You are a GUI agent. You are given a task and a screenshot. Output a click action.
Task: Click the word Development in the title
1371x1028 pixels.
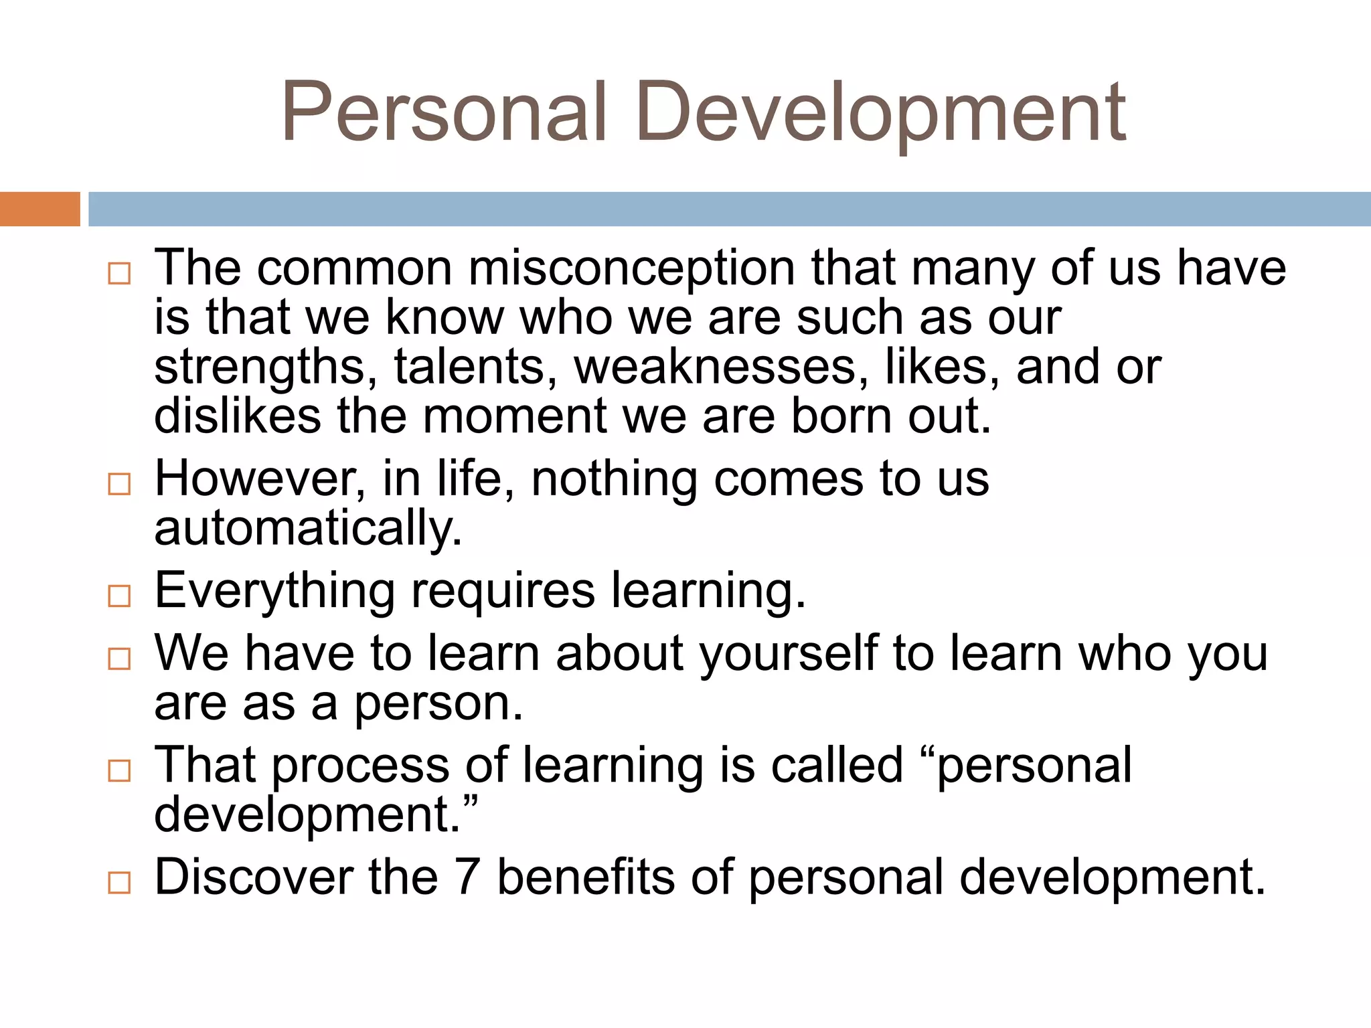pyautogui.click(x=880, y=112)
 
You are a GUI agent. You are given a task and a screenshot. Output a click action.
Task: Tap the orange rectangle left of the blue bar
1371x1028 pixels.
pyautogui.click(x=39, y=209)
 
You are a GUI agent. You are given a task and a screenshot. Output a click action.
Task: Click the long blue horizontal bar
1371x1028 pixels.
pyautogui.click(x=729, y=209)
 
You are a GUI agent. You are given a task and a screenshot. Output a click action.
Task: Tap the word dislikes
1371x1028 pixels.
pyautogui.click(x=237, y=416)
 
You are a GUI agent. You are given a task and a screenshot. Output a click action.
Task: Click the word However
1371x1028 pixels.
pyautogui.click(x=260, y=479)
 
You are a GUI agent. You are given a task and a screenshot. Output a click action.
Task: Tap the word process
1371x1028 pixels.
pyautogui.click(x=360, y=767)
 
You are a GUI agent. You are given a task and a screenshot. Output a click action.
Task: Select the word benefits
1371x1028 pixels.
pyautogui.click(x=585, y=878)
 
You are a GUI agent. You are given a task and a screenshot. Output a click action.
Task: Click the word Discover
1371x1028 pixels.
pyautogui.click(x=253, y=878)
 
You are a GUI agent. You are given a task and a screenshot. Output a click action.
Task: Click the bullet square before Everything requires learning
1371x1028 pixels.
pyautogui.click(x=119, y=595)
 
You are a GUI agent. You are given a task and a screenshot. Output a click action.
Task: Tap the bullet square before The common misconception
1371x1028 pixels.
pyautogui.click(x=119, y=273)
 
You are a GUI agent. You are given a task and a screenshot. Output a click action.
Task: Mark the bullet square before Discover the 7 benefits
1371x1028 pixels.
pyautogui.click(x=119, y=883)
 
